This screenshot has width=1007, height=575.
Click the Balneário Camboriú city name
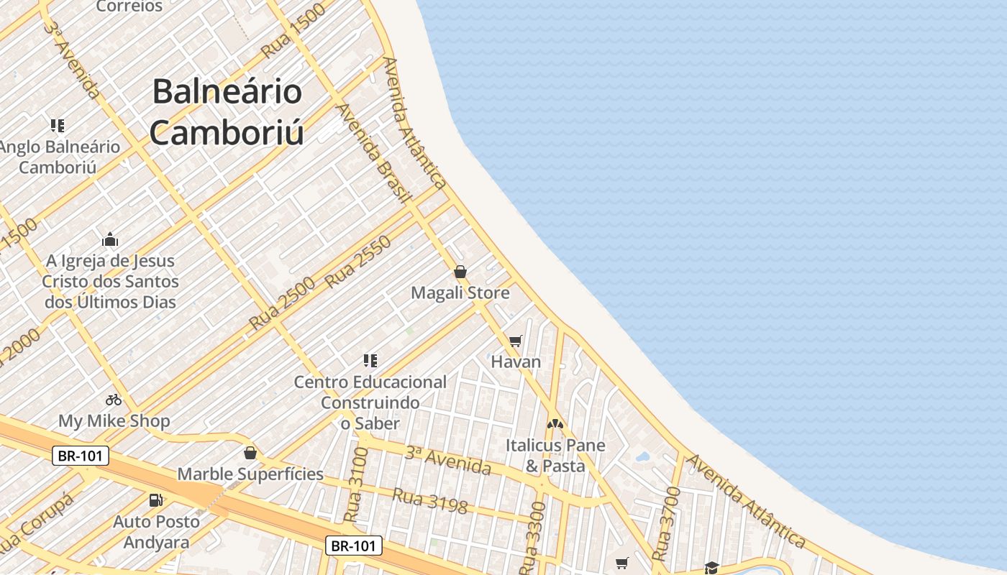pyautogui.click(x=227, y=112)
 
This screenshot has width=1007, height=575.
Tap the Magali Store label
pyautogui.click(x=460, y=293)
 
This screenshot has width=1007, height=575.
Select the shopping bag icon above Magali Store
pyautogui.click(x=460, y=272)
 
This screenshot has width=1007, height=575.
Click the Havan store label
pyautogui.click(x=516, y=362)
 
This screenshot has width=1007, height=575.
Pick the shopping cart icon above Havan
pyautogui.click(x=515, y=341)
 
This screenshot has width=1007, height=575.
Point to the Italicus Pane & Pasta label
pyautogui.click(x=555, y=456)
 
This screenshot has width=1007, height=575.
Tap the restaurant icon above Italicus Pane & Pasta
pyautogui.click(x=555, y=424)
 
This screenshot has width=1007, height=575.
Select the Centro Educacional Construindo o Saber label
pyautogui.click(x=370, y=402)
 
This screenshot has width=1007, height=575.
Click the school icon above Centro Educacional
pyautogui.click(x=370, y=360)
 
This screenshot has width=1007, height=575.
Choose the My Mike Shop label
pyautogui.click(x=114, y=421)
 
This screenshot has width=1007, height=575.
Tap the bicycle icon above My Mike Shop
pyautogui.click(x=114, y=400)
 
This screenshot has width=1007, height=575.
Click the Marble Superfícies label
pyautogui.click(x=250, y=474)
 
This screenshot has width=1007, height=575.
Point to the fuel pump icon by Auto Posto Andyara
pyautogui.click(x=155, y=500)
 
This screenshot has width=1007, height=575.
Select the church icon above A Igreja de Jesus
pyautogui.click(x=110, y=239)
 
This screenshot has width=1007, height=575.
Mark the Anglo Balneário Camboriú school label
pyautogui.click(x=60, y=157)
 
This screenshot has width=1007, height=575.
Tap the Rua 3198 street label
pyautogui.click(x=429, y=501)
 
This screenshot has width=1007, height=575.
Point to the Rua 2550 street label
pyautogui.click(x=358, y=262)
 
